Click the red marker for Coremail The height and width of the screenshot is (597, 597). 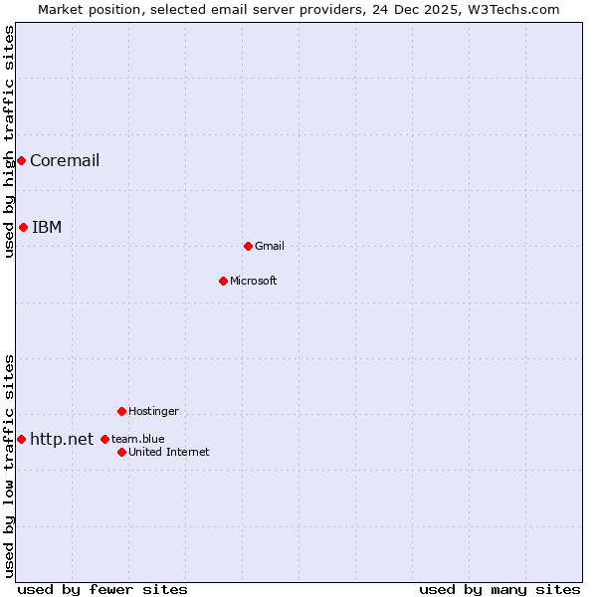21,160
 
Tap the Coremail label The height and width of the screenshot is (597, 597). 65,161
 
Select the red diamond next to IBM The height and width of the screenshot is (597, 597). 23,227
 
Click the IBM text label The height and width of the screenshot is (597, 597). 47,228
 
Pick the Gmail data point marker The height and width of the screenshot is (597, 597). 248,246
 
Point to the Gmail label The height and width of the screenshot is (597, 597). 270,247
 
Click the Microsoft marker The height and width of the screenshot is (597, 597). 223,281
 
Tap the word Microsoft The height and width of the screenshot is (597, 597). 254,282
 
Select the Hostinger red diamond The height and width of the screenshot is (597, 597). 121,411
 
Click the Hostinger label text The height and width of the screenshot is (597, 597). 153,412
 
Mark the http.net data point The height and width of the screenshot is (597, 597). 21,439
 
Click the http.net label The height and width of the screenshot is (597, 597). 62,440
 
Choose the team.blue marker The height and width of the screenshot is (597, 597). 104,439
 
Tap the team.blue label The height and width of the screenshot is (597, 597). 138,440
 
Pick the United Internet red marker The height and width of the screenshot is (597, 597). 121,452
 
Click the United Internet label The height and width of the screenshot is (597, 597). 169,453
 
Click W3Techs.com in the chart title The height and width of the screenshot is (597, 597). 515,10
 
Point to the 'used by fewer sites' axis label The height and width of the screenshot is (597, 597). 102,590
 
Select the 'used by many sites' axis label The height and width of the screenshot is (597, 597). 499,590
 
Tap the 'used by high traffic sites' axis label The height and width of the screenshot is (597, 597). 10,141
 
